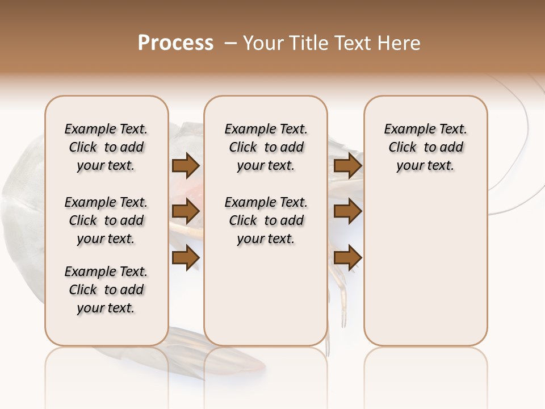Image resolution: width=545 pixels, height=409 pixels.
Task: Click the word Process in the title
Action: [175, 43]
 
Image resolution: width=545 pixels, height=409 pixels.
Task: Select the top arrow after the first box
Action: [186, 166]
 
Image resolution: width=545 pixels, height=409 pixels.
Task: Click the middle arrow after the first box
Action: [186, 212]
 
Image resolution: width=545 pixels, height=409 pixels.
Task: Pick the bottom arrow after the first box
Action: [186, 257]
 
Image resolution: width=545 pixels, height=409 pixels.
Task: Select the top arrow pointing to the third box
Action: [347, 166]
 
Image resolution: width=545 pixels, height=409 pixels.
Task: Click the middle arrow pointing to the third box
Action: [347, 212]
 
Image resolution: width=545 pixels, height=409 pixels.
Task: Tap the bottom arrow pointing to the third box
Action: [347, 257]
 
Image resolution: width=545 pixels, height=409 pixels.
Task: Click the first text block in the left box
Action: [106, 147]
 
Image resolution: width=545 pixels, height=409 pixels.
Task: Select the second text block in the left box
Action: [106, 220]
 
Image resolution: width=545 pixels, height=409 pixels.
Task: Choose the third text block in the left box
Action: [106, 290]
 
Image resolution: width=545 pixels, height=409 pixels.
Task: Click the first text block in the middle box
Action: [266, 147]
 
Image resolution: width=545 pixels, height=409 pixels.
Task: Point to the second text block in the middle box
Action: [266, 220]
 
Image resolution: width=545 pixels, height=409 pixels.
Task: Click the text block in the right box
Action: [425, 147]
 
